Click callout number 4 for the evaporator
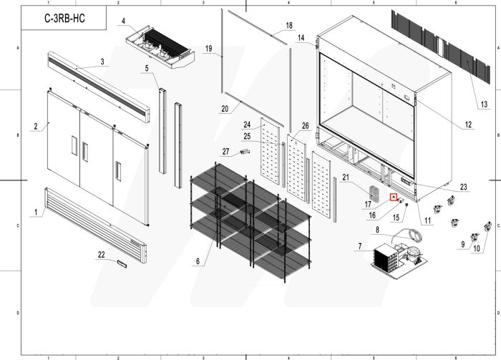coord(123,21)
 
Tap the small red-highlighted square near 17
coord(393,196)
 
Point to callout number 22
coord(101,255)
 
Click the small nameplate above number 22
coord(121,263)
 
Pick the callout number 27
coord(225,151)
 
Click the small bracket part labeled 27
coord(245,151)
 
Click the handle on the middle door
coord(85,152)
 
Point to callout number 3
coord(102,62)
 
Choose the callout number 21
coord(345,177)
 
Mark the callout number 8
coord(377,229)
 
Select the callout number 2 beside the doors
coord(35,127)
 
